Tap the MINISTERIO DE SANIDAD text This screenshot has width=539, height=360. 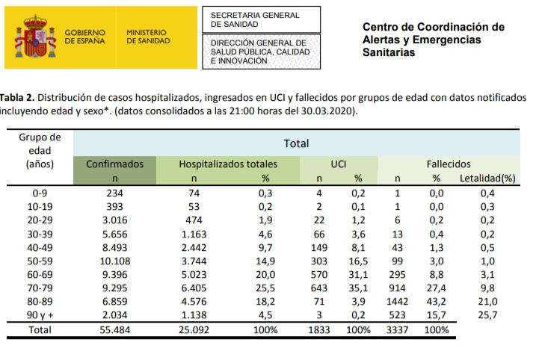point(148,36)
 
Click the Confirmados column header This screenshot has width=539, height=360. point(114,163)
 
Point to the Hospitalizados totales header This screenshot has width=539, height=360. point(228,163)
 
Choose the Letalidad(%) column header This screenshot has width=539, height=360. point(489,179)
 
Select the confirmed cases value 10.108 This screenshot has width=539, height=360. point(114,260)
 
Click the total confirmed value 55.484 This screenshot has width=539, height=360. point(114,329)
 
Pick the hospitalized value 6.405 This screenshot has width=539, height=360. point(192,287)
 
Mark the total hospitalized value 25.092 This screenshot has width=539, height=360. point(192,329)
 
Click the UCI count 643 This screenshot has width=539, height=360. point(318,287)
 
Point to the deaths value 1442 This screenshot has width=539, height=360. point(398,300)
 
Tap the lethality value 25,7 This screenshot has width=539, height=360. point(487,314)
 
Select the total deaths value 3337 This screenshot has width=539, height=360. point(398,329)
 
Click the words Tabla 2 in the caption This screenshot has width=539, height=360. point(16,98)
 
